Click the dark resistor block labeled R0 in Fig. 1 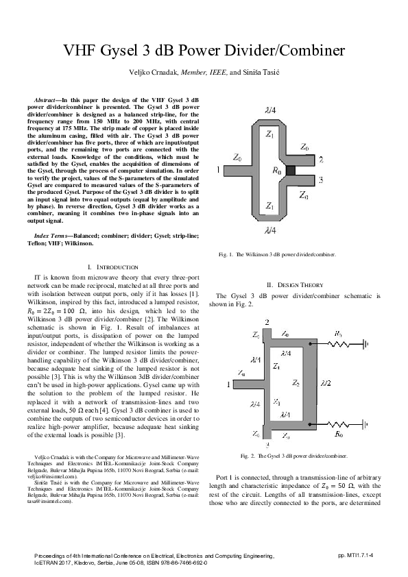coord(291,170)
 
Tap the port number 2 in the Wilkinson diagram coord(321,158)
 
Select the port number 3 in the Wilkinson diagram coord(321,180)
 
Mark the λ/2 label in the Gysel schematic coord(325,382)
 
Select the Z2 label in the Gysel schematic coord(296,383)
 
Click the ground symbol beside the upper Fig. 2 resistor coord(367,343)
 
